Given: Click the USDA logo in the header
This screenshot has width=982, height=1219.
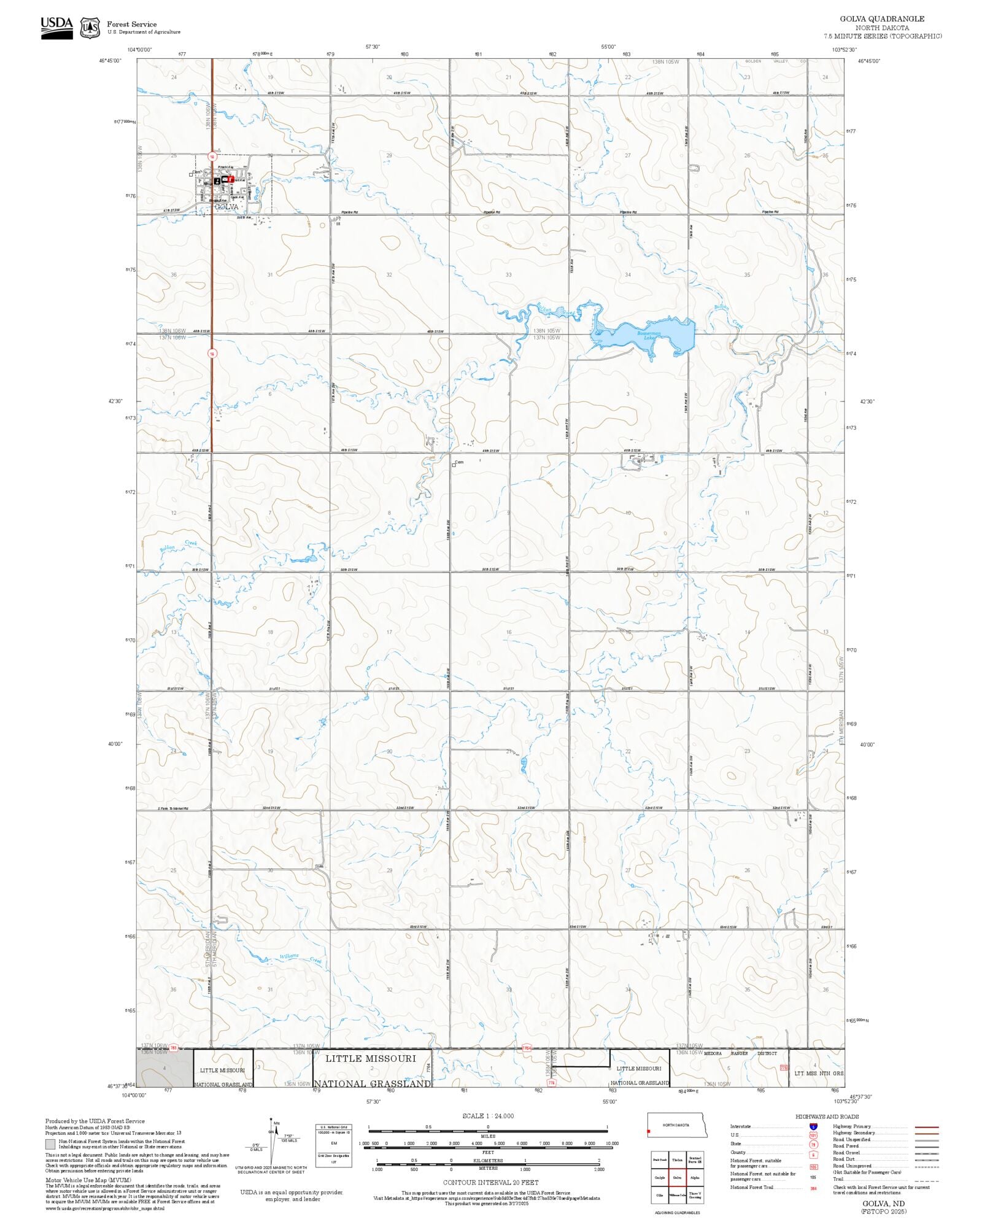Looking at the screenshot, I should coord(56,28).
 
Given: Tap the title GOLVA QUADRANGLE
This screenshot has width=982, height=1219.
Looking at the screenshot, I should coord(882,19).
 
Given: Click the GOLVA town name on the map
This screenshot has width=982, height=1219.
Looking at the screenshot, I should coord(226,207).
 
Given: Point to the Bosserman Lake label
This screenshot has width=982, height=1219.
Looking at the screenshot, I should coord(648,335).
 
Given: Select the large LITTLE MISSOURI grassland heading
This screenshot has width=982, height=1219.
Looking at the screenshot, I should coord(370,1058).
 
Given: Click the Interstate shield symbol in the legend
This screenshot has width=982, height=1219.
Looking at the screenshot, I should coord(813,1127).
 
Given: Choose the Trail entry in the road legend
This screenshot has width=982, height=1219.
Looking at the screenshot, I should coord(838,1178).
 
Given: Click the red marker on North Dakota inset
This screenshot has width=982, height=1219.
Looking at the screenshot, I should coord(649,1131).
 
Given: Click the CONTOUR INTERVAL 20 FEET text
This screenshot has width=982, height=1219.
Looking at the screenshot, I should coord(490,1182).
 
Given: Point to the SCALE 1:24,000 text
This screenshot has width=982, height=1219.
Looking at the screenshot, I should coord(488,1116).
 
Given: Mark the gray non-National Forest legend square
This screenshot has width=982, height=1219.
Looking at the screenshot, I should coord(50,1144).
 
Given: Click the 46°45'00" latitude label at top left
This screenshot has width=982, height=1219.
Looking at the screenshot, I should coord(110,61).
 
